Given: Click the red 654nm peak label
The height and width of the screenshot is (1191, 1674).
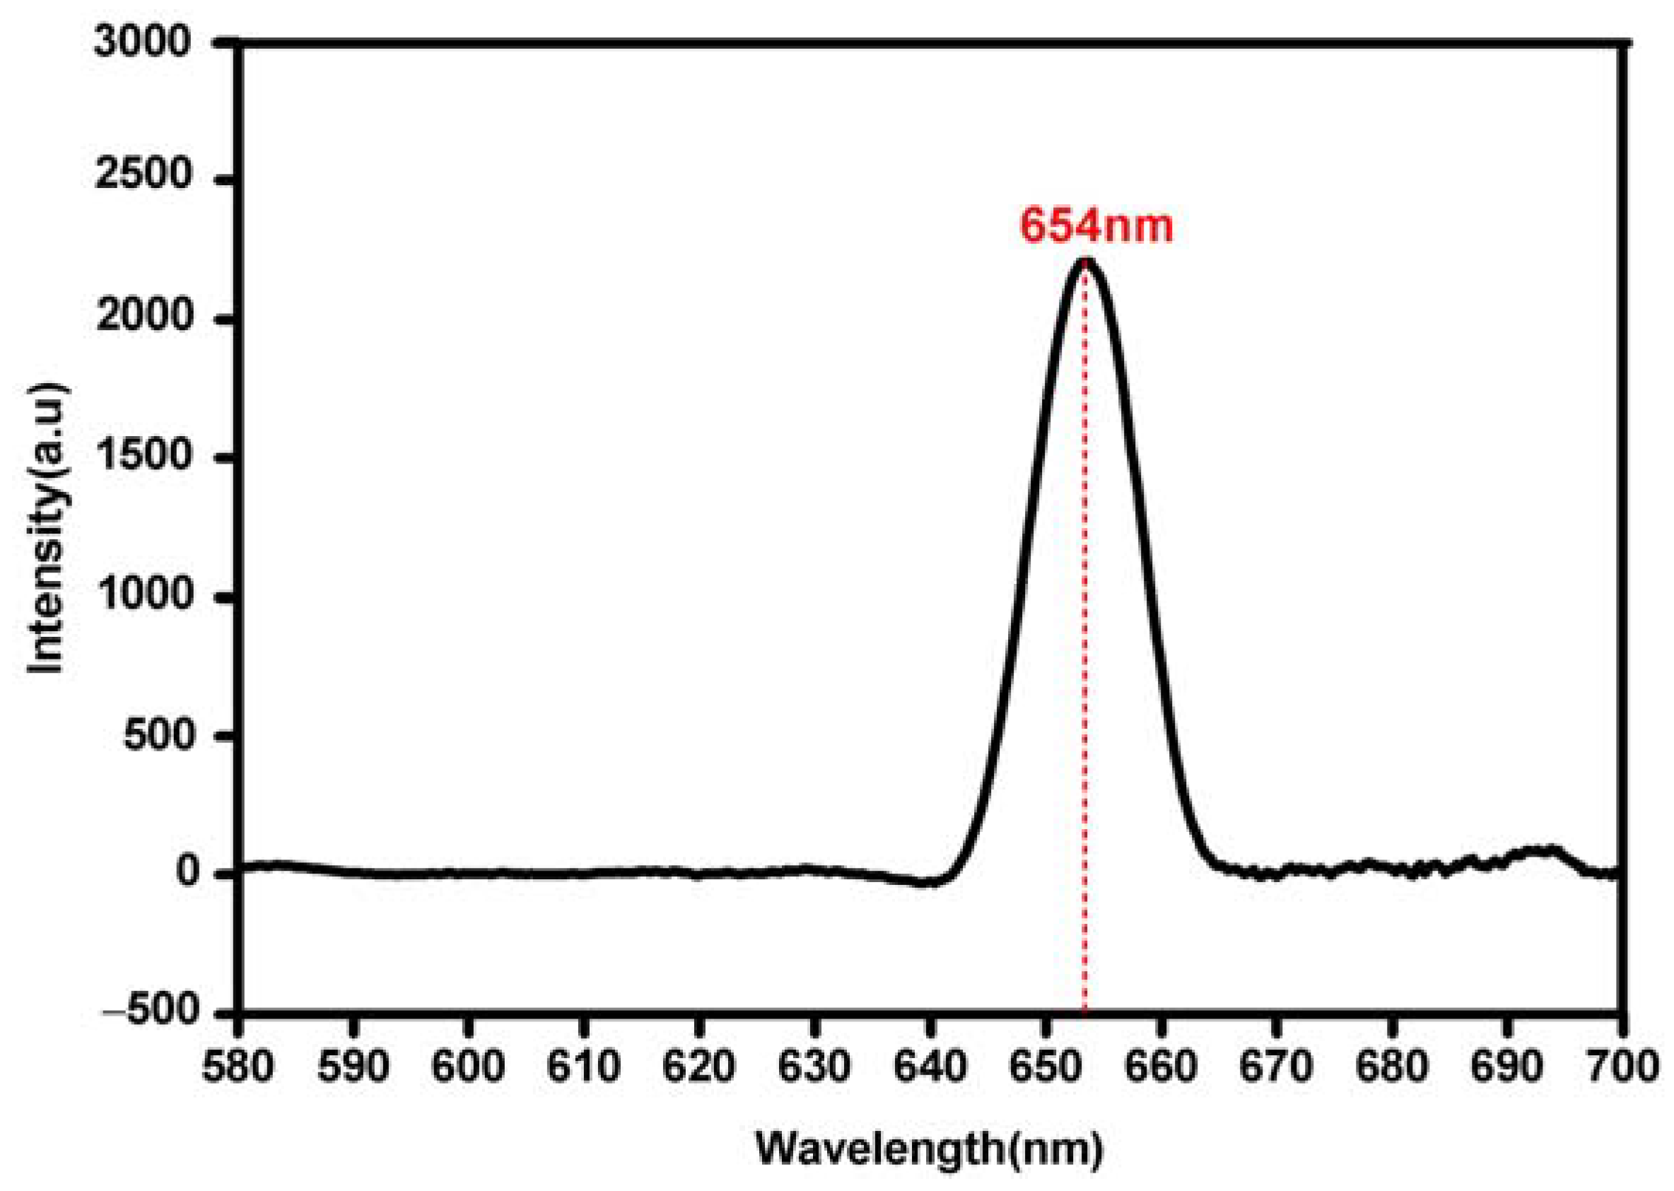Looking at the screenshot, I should click(x=1096, y=227).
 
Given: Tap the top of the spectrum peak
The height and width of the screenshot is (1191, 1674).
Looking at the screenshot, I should click(x=1086, y=262).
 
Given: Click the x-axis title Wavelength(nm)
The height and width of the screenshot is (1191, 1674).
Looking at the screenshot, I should click(x=930, y=1149).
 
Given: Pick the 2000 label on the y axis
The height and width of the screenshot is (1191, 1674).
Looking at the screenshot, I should click(x=143, y=318).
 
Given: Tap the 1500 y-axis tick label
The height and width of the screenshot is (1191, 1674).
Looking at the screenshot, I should click(x=143, y=457).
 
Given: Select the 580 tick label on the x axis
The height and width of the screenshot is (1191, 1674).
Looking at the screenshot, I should click(x=239, y=1067).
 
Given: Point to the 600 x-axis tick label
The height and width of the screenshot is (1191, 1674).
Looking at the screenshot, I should click(x=469, y=1067).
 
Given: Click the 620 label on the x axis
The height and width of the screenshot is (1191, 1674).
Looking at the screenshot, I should click(x=699, y=1067).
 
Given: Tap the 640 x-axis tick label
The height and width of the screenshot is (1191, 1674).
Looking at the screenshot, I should click(x=930, y=1067).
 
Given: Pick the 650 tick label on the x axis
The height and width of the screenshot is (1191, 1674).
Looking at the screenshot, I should click(x=1045, y=1067).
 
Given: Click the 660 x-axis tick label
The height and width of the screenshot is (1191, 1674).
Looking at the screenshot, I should click(x=1160, y=1067).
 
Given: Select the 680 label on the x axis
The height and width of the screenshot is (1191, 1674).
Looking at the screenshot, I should click(x=1390, y=1067).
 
